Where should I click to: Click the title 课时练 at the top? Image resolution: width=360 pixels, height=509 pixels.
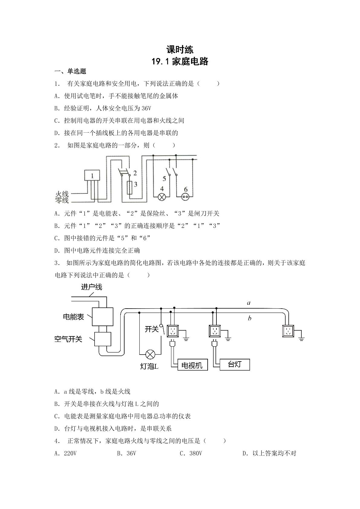point(180,50)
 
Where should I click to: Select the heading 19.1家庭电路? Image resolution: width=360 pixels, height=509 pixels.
point(180,62)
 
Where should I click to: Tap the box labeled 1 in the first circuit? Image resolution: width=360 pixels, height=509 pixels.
point(92,175)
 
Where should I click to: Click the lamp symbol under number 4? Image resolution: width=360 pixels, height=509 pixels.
point(162,197)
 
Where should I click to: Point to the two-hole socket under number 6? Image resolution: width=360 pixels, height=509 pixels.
point(186,197)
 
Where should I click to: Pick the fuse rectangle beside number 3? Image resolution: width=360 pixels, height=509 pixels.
point(130,188)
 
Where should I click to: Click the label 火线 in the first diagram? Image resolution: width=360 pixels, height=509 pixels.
point(62,194)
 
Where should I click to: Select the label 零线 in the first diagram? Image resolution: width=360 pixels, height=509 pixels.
point(62,200)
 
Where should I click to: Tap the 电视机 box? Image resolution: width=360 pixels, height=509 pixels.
point(193,365)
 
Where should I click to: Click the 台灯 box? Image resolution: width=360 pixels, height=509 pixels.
point(235,365)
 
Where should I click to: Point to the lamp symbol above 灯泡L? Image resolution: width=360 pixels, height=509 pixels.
point(150,354)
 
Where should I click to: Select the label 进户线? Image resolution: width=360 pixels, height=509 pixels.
point(92,287)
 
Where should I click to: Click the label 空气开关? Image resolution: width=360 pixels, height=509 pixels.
point(68,339)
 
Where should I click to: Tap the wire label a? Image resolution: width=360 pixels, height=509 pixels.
point(249,303)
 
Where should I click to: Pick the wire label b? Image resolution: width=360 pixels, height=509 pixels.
point(250,318)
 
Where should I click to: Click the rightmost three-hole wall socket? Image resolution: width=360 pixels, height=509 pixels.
point(288,331)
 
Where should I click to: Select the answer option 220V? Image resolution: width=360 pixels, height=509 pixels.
point(70,453)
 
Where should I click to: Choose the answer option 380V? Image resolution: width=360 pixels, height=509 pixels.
point(196,453)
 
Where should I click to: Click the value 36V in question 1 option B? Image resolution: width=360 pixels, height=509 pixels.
point(146,109)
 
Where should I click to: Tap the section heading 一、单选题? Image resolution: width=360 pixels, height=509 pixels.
point(70,71)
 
